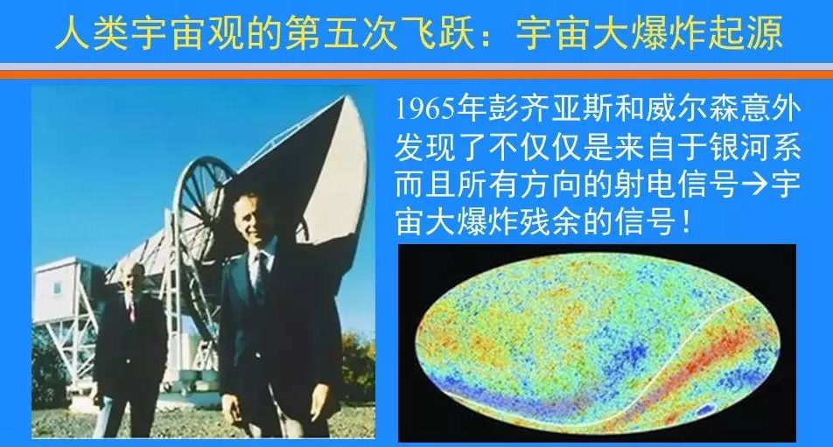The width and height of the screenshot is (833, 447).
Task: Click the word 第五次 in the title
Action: [x=340, y=33]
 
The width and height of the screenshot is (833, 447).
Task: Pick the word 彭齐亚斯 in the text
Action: [x=537, y=110]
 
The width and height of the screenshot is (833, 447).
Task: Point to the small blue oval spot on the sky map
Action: [x=705, y=409]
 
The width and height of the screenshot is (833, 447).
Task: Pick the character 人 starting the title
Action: [x=72, y=33]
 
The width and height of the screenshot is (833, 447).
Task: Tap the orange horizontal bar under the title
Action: [x=416, y=75]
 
